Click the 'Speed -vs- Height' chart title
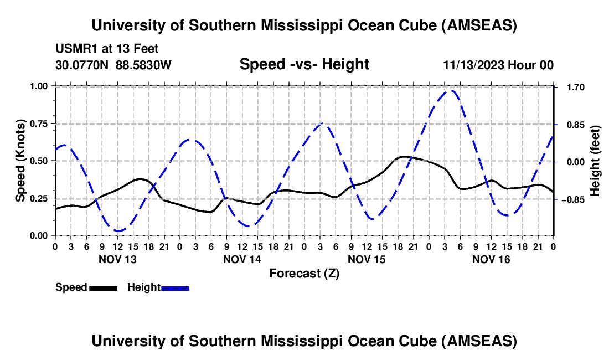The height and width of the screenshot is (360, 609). pyautogui.click(x=304, y=64)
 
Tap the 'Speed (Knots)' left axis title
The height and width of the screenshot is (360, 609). pyautogui.click(x=20, y=161)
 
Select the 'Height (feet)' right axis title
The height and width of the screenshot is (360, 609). pyautogui.click(x=595, y=161)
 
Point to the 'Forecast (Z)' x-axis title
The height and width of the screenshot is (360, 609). pyautogui.click(x=304, y=273)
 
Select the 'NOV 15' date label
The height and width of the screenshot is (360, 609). pyautogui.click(x=367, y=259)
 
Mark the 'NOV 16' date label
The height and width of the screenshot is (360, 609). pyautogui.click(x=491, y=259)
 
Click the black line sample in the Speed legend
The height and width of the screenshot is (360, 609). pyautogui.click(x=103, y=287)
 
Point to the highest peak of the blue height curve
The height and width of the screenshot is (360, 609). pyautogui.click(x=452, y=90)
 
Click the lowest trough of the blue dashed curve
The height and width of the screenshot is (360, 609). pyautogui.click(x=118, y=230)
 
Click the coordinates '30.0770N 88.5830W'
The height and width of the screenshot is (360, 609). pyautogui.click(x=113, y=65)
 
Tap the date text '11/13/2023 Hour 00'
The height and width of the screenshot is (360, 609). pyautogui.click(x=498, y=65)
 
